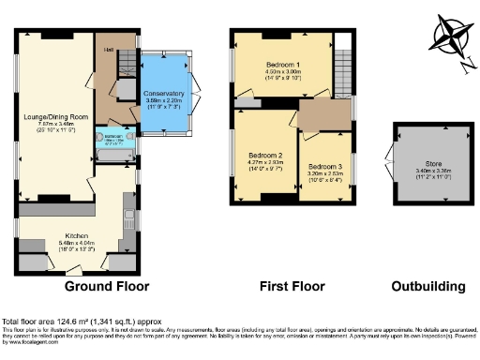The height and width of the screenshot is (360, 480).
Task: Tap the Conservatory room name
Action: click(164, 95)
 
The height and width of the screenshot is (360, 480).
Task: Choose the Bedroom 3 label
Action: click(325, 166)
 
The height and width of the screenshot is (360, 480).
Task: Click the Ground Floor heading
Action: click(103, 286)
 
